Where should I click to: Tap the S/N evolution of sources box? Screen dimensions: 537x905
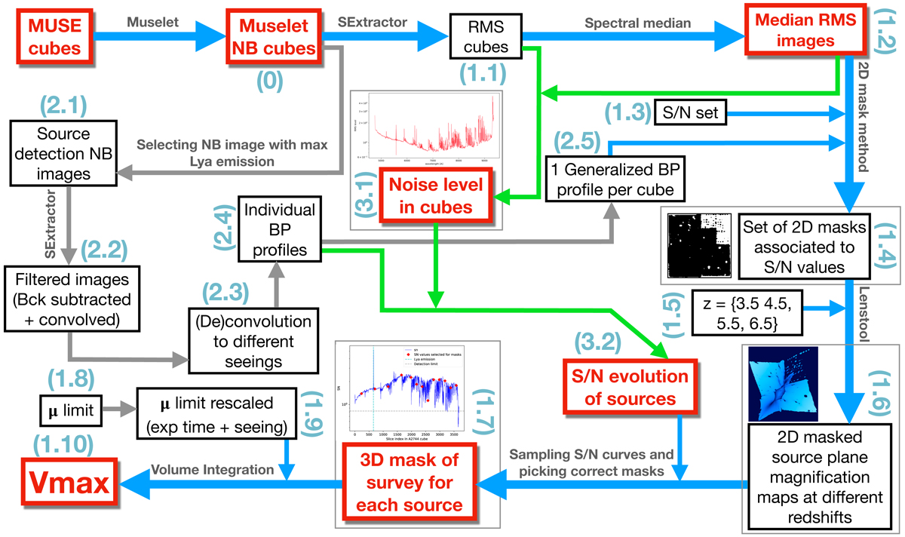click(x=627, y=386)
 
